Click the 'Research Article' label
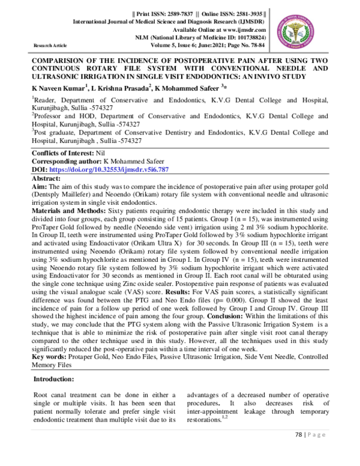click(50, 44)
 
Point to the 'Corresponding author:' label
click(67, 162)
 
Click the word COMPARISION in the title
click(62, 61)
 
